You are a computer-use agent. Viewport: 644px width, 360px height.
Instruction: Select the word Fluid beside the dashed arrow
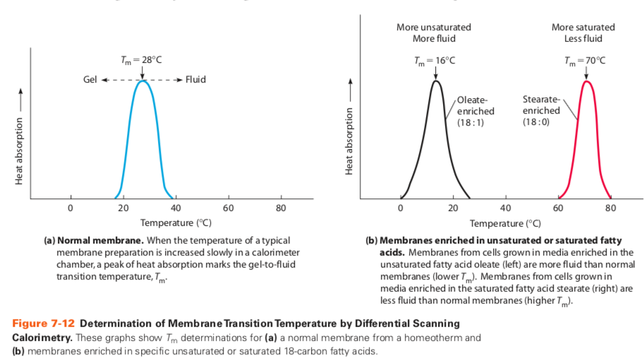pos(195,79)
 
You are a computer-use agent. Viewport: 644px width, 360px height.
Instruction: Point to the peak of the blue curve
pos(143,81)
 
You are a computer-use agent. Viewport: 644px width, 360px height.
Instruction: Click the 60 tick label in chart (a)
pos(228,208)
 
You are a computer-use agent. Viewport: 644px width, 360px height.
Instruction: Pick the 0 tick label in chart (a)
pos(70,208)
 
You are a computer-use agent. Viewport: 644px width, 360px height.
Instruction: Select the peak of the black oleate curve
pos(436,81)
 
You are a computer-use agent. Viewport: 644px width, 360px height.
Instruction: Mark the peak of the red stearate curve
pos(585,81)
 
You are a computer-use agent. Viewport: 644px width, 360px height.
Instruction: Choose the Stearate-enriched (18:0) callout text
pos(541,111)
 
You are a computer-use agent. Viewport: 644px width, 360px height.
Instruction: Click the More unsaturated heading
pos(434,27)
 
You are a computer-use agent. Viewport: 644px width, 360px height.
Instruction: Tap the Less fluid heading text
pos(583,38)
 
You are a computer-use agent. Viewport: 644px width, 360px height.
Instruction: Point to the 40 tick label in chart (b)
pos(505,208)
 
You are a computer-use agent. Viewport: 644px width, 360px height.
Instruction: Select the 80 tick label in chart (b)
pos(610,208)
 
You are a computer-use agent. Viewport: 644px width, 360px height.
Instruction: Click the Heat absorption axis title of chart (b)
pos(350,141)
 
